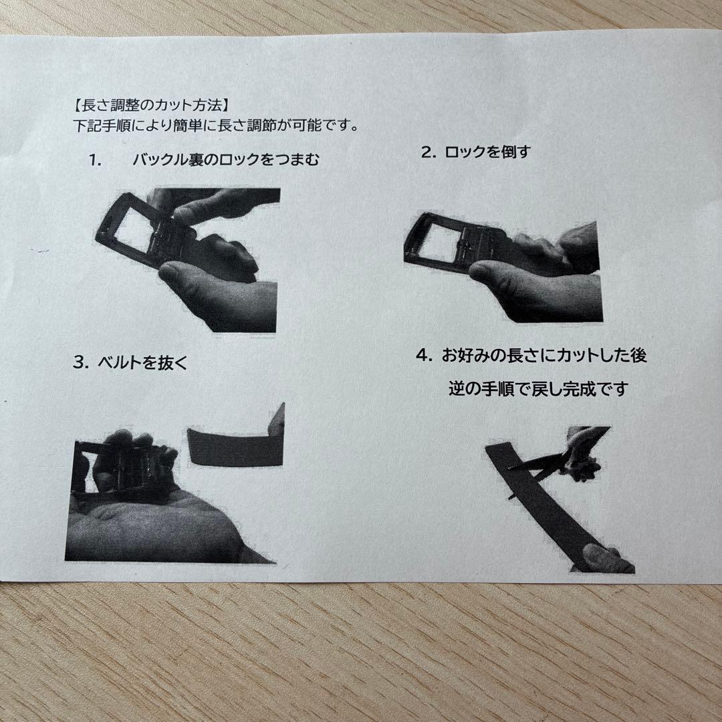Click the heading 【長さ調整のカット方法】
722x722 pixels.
[150, 106]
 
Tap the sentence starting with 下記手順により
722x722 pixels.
[215, 125]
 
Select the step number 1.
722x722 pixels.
[95, 160]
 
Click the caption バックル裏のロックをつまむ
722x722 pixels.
[226, 160]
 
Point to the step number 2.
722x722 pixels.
[429, 152]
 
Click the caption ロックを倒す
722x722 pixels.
[487, 152]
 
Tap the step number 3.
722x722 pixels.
[81, 362]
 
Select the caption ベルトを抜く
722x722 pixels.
[143, 363]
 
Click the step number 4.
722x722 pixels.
[424, 355]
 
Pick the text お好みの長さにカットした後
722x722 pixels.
[544, 355]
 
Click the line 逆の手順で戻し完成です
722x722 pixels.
[537, 389]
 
